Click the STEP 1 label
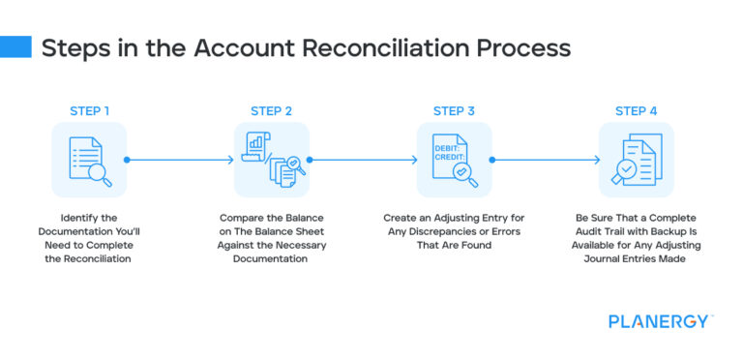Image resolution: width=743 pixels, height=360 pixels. coord(89,110)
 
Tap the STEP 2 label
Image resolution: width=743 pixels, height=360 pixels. coord(272,110)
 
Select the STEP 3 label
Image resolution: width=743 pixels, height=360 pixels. coord(454,110)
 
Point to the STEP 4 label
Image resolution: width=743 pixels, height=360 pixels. coord(637,110)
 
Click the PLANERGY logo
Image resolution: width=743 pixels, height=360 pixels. coord(660,321)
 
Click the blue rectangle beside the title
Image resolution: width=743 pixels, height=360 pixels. coord(16,48)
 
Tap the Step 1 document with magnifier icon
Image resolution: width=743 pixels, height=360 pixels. coord(89,160)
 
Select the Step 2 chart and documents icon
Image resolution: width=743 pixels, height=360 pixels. coord(272,160)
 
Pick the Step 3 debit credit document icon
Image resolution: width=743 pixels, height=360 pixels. coord(454,160)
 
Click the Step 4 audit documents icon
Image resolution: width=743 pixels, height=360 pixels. coord(637,160)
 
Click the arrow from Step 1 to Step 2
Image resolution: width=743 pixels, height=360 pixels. coord(180,160)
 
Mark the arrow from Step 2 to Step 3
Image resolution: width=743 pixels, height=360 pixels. coord(363,160)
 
